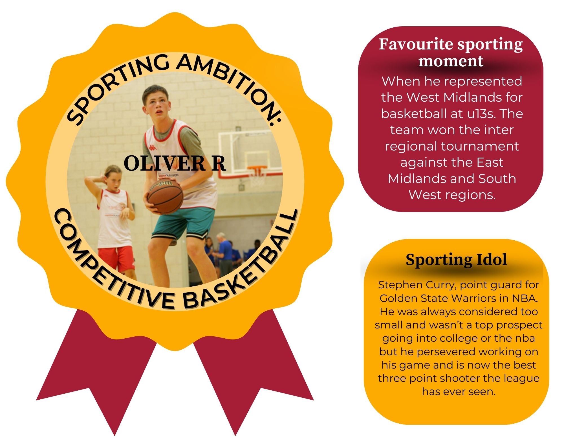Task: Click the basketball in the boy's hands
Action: point(165,196)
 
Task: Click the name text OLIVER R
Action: point(175,163)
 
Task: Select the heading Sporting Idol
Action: point(456,260)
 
